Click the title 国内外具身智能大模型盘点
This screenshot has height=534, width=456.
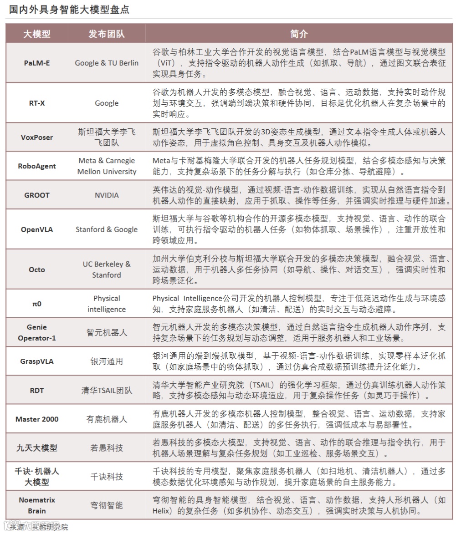[69, 10]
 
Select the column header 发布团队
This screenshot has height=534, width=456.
[107, 34]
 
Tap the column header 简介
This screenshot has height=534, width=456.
[299, 34]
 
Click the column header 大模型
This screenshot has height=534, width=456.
[37, 34]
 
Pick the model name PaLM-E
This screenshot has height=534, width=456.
[37, 63]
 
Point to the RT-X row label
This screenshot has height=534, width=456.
[37, 103]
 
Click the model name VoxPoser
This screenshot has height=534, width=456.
[37, 137]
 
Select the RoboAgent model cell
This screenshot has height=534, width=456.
[37, 166]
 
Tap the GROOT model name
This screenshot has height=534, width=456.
[37, 195]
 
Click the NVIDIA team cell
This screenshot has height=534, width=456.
[107, 195]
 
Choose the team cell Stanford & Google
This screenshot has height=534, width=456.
[107, 229]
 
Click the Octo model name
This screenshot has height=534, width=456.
[37, 270]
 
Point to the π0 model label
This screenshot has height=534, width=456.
[37, 304]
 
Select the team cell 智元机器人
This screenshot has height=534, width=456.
[107, 333]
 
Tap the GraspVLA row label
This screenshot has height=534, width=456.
[37, 361]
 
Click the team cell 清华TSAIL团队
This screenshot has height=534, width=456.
[107, 390]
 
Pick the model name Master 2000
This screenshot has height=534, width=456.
[37, 419]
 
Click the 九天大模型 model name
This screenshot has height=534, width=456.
[37, 448]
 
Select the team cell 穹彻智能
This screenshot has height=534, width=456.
[107, 505]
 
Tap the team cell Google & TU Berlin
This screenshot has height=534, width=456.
[107, 63]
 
